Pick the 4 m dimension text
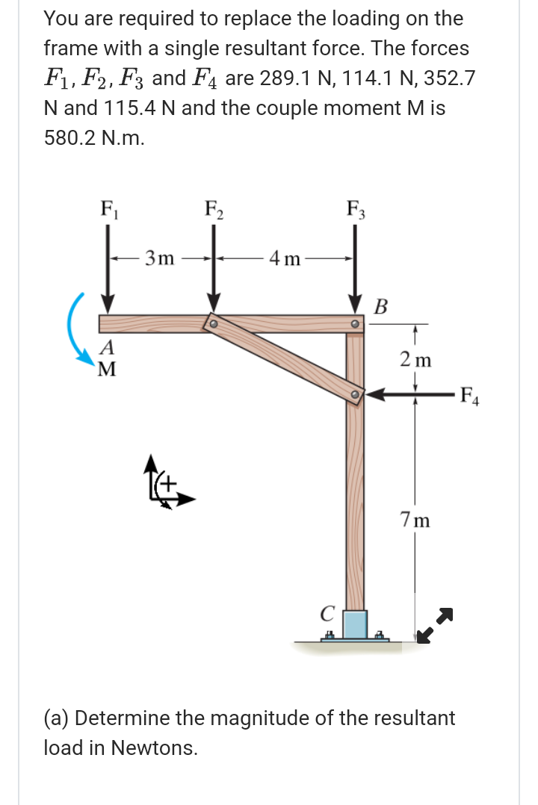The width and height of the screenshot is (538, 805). coord(285,260)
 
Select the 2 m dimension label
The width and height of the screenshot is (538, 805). coord(415,359)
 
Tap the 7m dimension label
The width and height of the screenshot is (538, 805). coord(415,518)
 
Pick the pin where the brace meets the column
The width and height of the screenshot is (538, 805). coord(357,393)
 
